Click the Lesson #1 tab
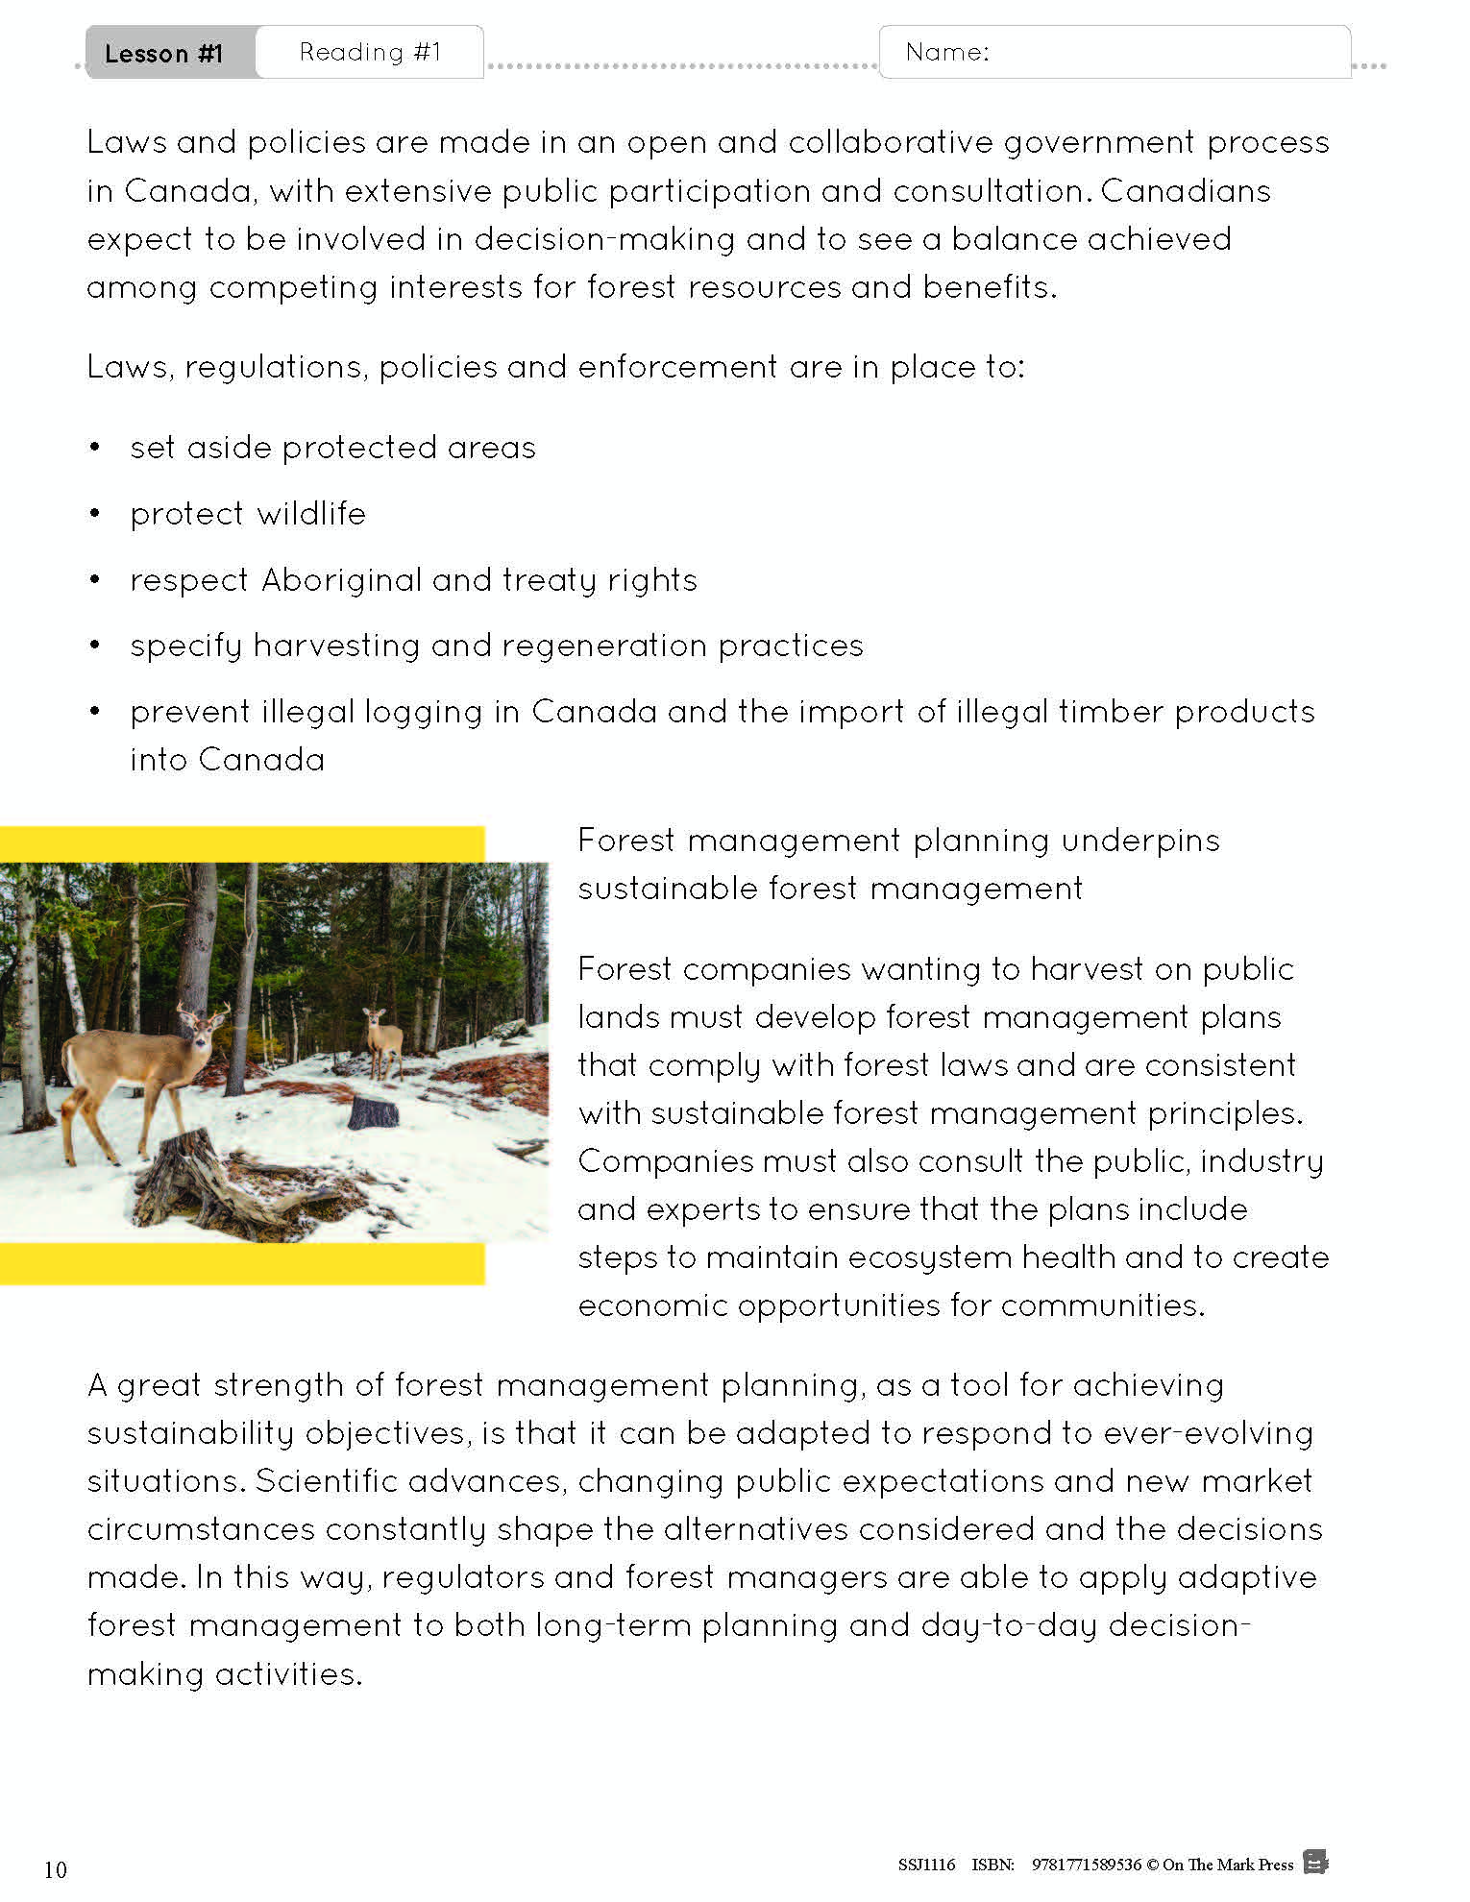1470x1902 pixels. pos(163,53)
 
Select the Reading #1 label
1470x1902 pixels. pos(370,52)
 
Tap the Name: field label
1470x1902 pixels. pos(947,52)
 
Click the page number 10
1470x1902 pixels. pos(55,1869)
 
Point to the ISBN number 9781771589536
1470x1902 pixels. pos(1087,1865)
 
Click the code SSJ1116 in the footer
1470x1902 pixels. pos(926,1865)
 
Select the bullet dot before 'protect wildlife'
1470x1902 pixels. pos(94,514)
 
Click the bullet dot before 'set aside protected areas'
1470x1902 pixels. pos(94,448)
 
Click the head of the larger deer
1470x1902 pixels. pos(202,1024)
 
